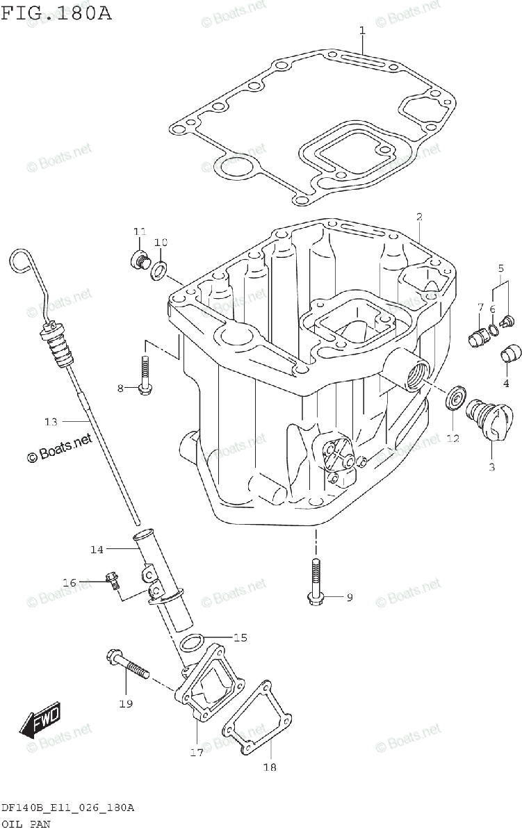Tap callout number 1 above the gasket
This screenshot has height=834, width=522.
(x=362, y=30)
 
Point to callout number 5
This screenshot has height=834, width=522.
(x=500, y=268)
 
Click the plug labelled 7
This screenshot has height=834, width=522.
(x=477, y=337)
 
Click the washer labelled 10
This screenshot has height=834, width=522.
(x=160, y=269)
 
